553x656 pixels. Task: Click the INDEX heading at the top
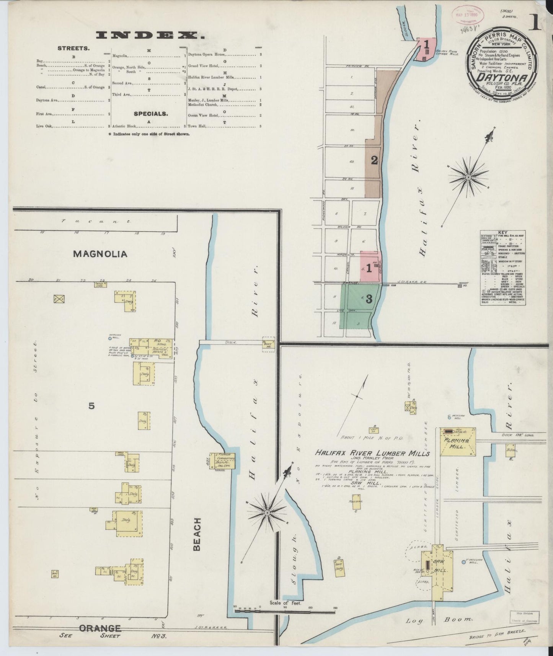click(150, 36)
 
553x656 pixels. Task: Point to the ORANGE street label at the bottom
click(100, 628)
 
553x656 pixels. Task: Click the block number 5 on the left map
click(91, 406)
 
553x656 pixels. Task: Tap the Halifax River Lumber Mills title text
click(372, 453)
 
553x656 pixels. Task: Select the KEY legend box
click(502, 268)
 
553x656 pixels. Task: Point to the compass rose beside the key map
click(468, 177)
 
